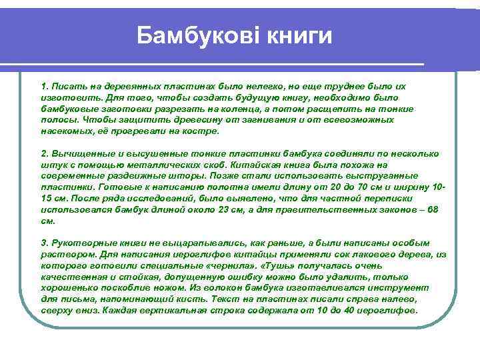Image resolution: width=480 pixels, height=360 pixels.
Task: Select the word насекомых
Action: tap(65, 131)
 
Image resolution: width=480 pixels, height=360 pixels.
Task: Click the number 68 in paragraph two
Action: tap(433, 209)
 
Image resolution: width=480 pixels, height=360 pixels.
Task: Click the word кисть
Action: tap(205, 299)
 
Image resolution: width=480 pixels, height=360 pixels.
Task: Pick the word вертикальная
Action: tap(181, 311)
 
